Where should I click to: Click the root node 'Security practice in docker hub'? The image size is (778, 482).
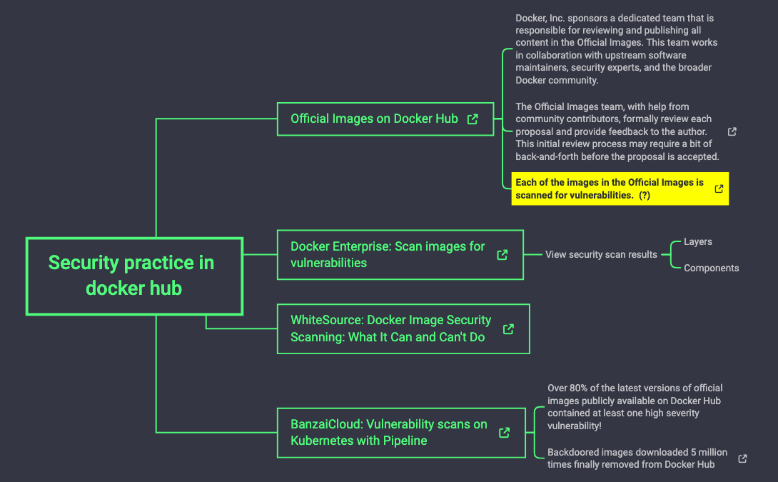(x=133, y=276)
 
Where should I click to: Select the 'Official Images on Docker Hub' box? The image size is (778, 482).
(x=374, y=119)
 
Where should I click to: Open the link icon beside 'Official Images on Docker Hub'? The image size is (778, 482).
(x=473, y=119)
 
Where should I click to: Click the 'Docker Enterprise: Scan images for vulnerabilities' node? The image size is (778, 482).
(x=388, y=255)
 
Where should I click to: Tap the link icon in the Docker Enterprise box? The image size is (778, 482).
(x=502, y=255)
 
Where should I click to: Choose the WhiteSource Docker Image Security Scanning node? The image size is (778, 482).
(x=390, y=328)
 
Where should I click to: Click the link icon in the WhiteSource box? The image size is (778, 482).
(x=508, y=329)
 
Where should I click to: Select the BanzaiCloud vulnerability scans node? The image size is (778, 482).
(x=388, y=432)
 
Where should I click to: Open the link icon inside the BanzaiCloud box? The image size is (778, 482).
(x=504, y=433)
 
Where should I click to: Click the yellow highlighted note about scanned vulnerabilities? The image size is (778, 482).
(x=610, y=189)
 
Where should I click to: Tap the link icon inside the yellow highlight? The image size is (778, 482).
(x=719, y=189)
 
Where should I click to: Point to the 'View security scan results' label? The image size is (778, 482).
(x=601, y=254)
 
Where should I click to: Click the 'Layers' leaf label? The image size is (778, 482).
(x=697, y=241)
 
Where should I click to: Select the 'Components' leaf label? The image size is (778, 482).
(x=711, y=268)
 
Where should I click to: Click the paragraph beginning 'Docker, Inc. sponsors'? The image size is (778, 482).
(x=616, y=49)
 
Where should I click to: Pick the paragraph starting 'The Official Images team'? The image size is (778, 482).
(x=616, y=131)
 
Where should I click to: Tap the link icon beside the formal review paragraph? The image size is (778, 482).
(x=732, y=132)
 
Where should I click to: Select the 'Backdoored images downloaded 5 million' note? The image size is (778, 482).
(x=637, y=458)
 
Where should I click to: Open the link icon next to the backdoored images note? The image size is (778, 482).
(x=742, y=458)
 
